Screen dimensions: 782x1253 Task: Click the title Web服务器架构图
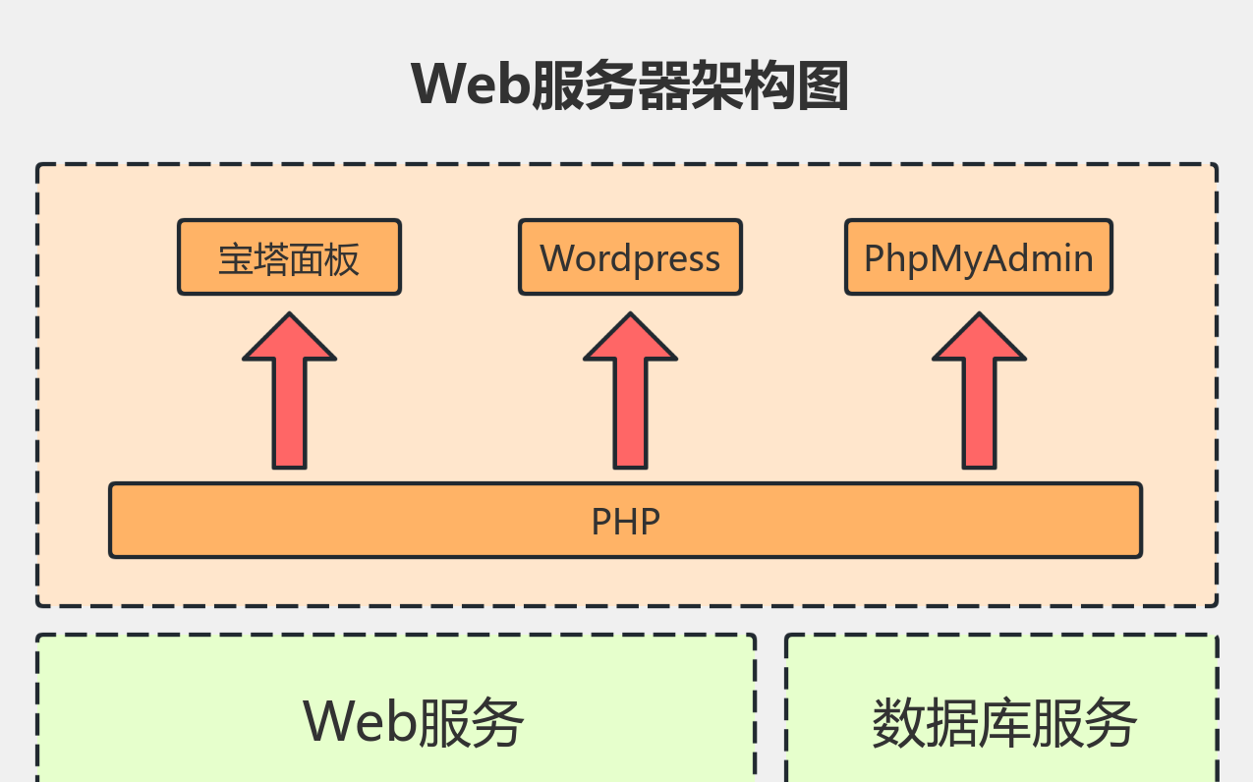629,85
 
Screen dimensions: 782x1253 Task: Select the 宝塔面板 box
289,257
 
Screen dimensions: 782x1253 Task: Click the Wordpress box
630,257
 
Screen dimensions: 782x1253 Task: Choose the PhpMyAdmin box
978,257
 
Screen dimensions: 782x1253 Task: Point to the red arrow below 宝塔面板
290,393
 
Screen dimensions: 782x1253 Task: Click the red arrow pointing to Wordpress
630,393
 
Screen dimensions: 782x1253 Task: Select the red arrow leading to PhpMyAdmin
979,393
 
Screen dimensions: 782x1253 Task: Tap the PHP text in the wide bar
625,521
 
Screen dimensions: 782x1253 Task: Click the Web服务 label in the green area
414,723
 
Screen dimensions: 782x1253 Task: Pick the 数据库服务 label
1004,724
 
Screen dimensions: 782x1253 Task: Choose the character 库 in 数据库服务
1004,724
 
